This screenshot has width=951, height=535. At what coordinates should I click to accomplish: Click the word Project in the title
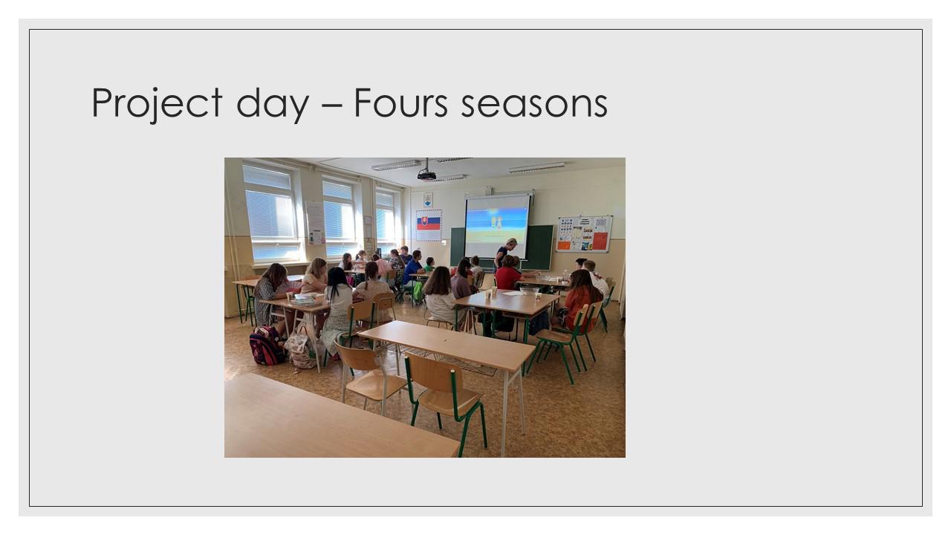click(157, 103)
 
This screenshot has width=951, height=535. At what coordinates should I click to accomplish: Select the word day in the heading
click(272, 103)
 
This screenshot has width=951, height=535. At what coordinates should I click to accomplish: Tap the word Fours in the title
click(400, 103)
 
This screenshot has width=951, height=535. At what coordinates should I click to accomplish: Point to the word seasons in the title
click(534, 106)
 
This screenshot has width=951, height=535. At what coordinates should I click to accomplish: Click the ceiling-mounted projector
click(426, 175)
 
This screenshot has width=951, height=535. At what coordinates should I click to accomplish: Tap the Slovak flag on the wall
click(429, 224)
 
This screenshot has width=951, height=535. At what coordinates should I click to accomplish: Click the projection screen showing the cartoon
click(497, 225)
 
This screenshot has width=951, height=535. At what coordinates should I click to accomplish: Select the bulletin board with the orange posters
click(584, 233)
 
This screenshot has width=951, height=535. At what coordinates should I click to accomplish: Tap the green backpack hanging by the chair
click(418, 292)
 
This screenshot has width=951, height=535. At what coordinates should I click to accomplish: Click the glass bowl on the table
click(529, 291)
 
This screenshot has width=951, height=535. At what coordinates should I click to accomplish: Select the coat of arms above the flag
click(427, 200)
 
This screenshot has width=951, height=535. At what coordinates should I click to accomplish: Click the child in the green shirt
click(429, 265)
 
